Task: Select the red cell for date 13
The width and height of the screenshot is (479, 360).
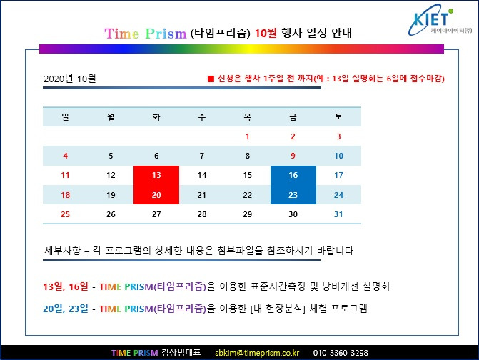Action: [156, 175]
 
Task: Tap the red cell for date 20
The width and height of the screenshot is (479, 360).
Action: [156, 195]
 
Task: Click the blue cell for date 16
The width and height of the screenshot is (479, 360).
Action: [293, 175]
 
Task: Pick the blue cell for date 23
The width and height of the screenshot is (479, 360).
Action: [293, 195]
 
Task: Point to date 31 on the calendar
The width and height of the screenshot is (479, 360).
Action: [338, 214]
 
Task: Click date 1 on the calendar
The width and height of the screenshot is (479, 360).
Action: [247, 136]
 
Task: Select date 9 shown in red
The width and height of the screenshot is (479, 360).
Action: [293, 156]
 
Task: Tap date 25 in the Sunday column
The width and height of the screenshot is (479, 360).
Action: [65, 214]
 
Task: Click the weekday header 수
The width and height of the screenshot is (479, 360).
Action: [202, 116]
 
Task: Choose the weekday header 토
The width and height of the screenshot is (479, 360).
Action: [338, 116]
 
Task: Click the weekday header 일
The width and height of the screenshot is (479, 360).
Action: [65, 116]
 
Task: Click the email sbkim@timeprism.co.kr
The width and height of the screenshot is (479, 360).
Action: [256, 353]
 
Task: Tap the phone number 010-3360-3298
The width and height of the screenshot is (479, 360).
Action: [341, 353]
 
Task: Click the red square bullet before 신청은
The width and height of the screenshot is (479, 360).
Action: [211, 78]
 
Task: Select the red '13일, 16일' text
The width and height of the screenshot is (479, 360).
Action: [66, 286]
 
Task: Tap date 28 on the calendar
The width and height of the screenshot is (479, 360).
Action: [202, 214]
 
